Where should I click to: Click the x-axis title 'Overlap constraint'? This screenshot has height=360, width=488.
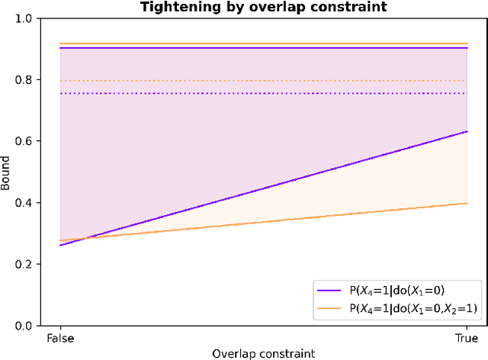coord(263,353)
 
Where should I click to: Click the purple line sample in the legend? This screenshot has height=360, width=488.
coord(330,291)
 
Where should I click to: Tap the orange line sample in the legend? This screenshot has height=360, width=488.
coord(330,307)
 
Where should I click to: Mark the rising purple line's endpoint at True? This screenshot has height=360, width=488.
coord(466,131)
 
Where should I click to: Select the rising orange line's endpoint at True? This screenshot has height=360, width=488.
coord(466,203)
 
